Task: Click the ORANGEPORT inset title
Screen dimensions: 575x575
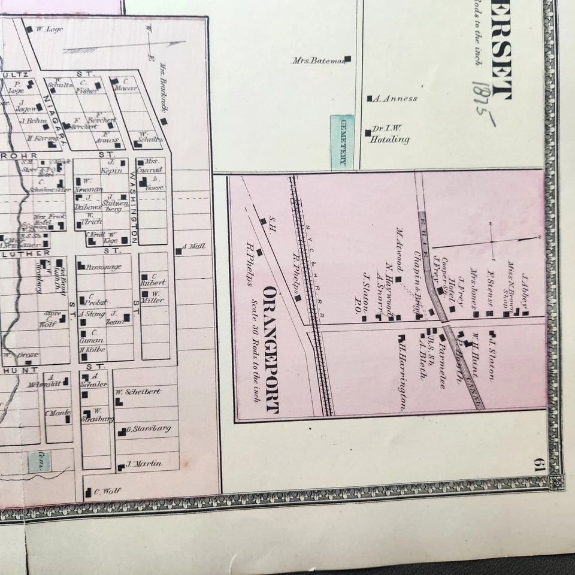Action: pyautogui.click(x=271, y=350)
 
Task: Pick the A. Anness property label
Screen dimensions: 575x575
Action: pyautogui.click(x=395, y=98)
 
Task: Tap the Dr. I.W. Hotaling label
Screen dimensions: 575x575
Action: pyautogui.click(x=389, y=134)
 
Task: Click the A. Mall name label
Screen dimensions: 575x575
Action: pyautogui.click(x=193, y=246)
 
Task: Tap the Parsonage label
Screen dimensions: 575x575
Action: pyautogui.click(x=104, y=267)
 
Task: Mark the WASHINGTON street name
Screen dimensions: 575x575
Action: pyautogui.click(x=133, y=204)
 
